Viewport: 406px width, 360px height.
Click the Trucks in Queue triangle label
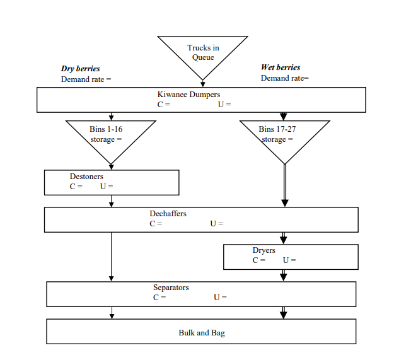pyautogui.click(x=203, y=52)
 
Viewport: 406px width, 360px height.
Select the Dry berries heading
pyautogui.click(x=80, y=69)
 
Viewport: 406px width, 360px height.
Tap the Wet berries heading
pyautogui.click(x=281, y=67)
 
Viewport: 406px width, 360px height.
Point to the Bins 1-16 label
pyautogui.click(x=106, y=129)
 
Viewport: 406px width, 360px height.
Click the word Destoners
pyautogui.click(x=86, y=177)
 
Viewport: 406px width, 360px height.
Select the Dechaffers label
pyautogui.click(x=168, y=214)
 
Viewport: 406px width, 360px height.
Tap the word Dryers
pyautogui.click(x=264, y=250)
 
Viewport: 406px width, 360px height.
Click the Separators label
pyautogui.click(x=171, y=287)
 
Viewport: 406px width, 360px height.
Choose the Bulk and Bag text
pyautogui.click(x=202, y=333)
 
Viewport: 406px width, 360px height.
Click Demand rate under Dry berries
pyautogui.click(x=86, y=79)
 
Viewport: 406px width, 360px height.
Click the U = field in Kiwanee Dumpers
pyautogui.click(x=224, y=105)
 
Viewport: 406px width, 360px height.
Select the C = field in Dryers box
pyautogui.click(x=259, y=260)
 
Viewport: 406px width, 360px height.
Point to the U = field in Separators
pyautogui.click(x=220, y=298)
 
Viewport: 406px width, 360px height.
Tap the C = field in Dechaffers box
pyautogui.click(x=156, y=223)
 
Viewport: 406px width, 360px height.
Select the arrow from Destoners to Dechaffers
pyautogui.click(x=112, y=201)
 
